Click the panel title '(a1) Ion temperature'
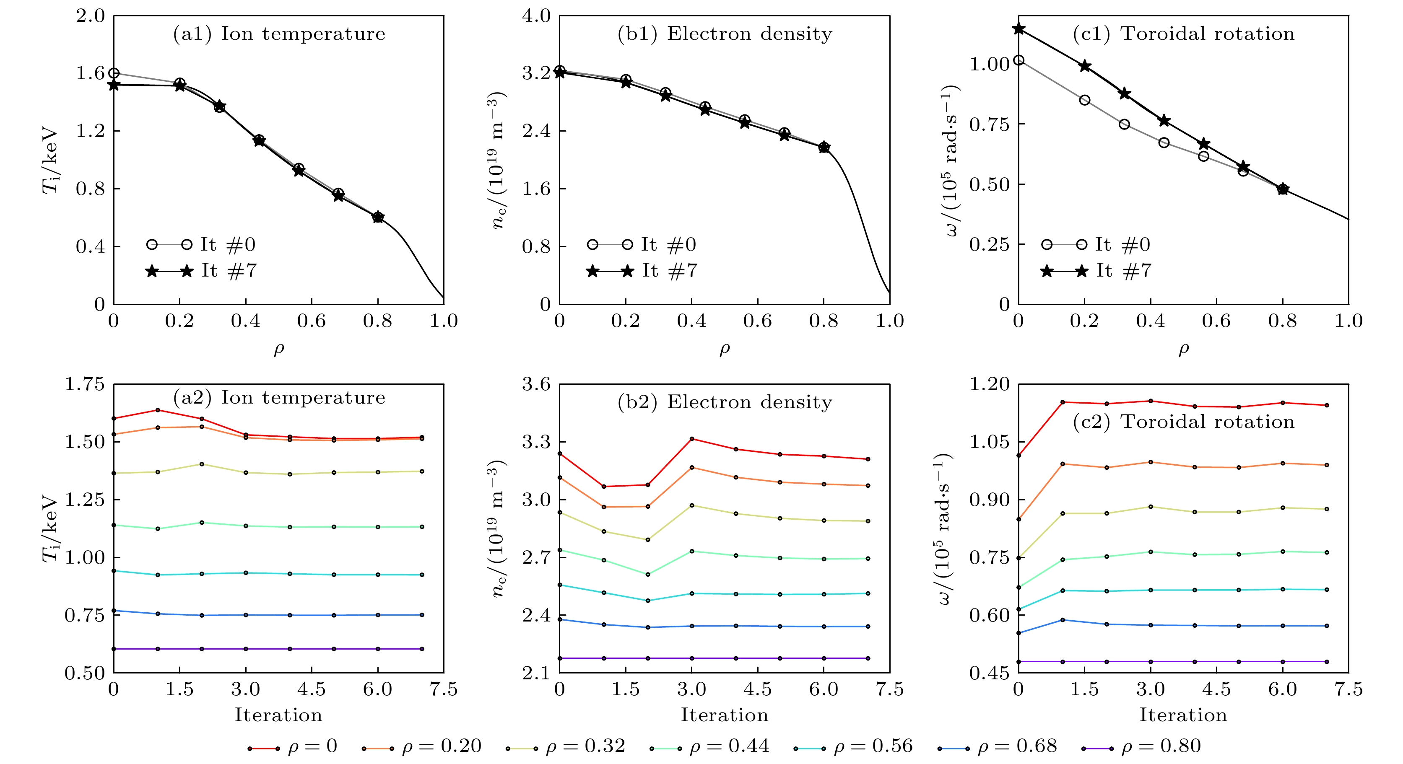[x=279, y=34]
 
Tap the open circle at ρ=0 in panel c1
[x=1018, y=60]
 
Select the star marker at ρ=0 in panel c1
[x=1018, y=29]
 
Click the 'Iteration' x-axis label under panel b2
[x=725, y=715]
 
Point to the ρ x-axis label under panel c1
[x=1184, y=349]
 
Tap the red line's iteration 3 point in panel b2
[x=692, y=439]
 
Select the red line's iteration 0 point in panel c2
[x=1018, y=456]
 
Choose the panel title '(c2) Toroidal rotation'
[x=1184, y=422]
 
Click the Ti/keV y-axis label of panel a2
[x=50, y=528]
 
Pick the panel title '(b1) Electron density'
[x=725, y=34]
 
